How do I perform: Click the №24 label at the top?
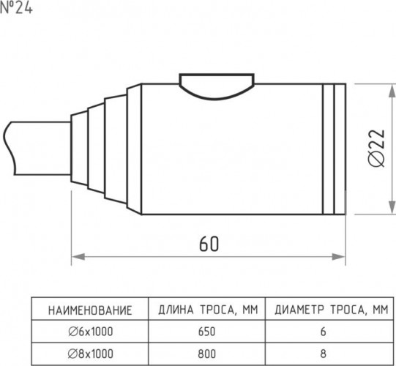tap(16, 8)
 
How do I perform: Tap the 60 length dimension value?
tap(209, 244)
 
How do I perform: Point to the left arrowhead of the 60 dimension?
tap(78, 257)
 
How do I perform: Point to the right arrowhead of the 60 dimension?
tap(338, 257)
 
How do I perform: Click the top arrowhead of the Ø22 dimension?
tap(392, 91)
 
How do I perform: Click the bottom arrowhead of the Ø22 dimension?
tap(392, 208)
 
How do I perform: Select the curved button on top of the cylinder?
tap(217, 86)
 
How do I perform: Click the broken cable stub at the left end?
tap(37, 149)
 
